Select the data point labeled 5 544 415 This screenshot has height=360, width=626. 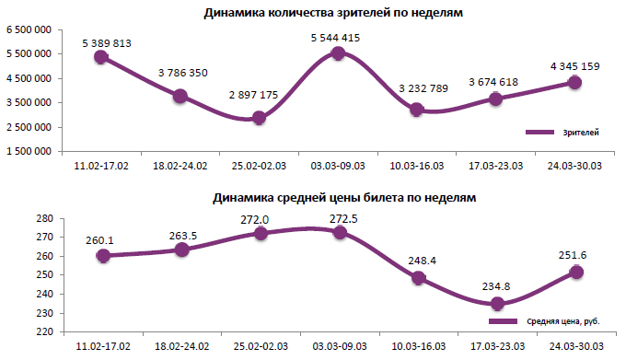tap(338, 53)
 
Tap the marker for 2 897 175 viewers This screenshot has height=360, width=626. tap(259, 118)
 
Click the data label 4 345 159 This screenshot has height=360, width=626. tap(575, 66)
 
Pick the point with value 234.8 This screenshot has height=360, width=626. tap(497, 304)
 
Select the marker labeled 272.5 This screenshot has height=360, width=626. tap(339, 233)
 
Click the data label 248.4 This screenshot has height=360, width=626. tap(419, 261)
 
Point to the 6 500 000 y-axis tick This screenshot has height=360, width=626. tap(31, 30)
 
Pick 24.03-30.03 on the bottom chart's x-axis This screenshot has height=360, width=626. tap(575, 345)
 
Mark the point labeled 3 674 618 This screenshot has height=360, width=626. tap(496, 99)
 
